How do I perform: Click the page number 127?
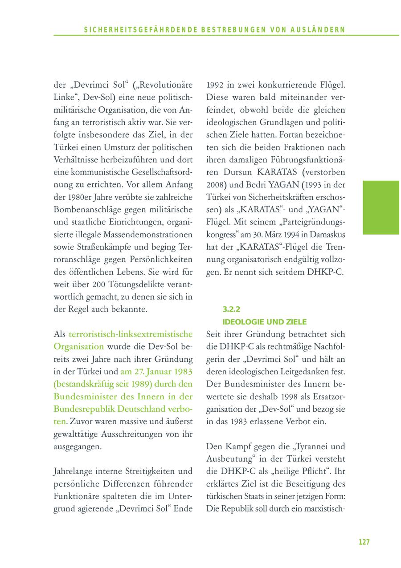364,542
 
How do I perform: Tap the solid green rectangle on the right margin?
381,207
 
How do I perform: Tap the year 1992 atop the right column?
216,85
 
